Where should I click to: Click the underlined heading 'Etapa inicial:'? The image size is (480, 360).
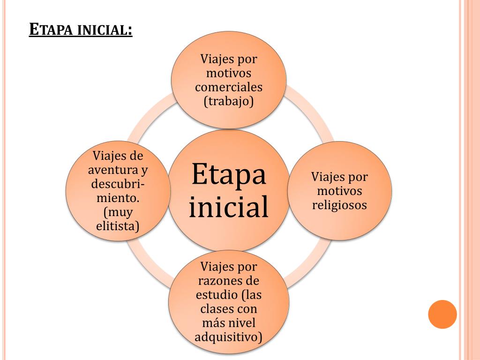tap(81, 30)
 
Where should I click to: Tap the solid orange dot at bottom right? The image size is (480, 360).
tap(442, 315)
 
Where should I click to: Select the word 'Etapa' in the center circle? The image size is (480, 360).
tap(229, 174)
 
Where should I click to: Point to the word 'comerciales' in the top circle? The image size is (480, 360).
tap(229, 87)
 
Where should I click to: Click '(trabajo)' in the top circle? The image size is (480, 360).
tap(229, 101)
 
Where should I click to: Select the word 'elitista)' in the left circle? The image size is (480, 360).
tap(118, 226)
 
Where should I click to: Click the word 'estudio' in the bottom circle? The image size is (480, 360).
tap(217, 295)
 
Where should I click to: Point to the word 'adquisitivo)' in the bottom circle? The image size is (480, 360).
tap(229, 337)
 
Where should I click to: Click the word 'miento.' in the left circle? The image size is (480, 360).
tap(118, 198)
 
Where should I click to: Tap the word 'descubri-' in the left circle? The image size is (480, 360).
tap(118, 184)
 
